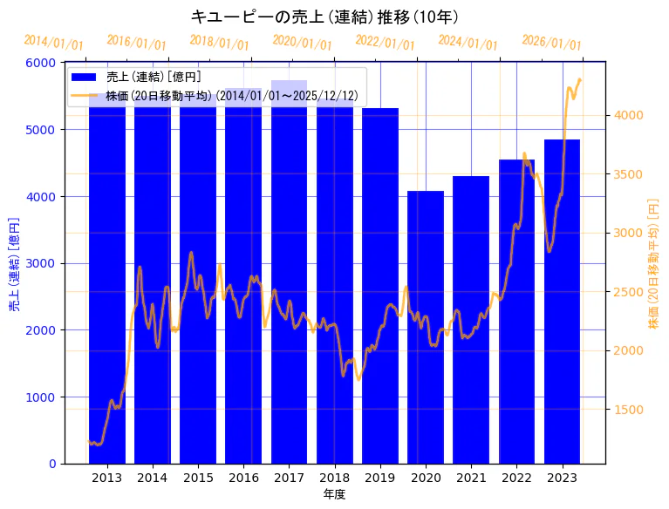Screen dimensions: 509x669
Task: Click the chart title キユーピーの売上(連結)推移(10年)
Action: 324,17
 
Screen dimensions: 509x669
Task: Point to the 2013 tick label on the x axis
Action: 106,477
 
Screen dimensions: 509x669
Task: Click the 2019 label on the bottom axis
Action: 379,477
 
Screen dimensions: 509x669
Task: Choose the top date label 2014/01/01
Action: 53,43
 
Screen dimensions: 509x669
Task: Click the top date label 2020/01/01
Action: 302,43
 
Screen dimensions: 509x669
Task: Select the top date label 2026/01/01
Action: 551,43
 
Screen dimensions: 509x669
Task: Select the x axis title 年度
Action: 334,494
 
